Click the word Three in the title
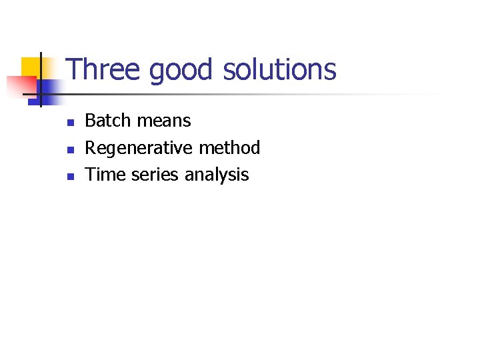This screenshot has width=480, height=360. click(105, 70)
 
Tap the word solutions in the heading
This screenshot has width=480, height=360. click(279, 70)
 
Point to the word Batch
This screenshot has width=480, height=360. click(109, 121)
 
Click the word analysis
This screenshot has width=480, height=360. click(217, 175)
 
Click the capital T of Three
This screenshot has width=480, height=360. click(74, 70)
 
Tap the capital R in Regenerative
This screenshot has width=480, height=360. click(91, 147)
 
